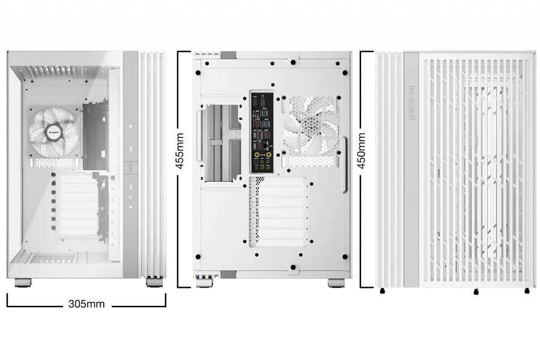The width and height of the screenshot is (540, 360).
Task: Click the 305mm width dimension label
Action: click(x=86, y=304)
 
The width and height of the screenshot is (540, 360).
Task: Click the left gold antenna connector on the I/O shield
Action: click(x=257, y=155)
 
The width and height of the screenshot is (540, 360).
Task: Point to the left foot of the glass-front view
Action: click(x=23, y=282)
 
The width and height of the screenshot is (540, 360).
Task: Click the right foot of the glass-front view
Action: click(x=154, y=282)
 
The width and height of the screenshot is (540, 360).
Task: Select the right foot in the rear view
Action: click(x=336, y=282)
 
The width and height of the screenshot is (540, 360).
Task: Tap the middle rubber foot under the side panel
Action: click(x=476, y=291)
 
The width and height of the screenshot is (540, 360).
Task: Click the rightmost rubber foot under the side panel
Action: click(x=527, y=291)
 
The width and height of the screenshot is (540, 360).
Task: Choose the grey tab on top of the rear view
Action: click(x=228, y=55)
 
